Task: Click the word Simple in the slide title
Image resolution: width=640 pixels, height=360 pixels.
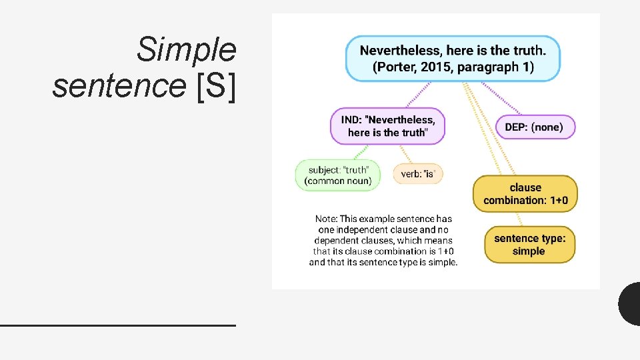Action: [x=186, y=50]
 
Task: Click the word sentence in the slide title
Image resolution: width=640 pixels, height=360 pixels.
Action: [x=121, y=86]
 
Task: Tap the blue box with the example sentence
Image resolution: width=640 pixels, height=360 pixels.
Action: [x=453, y=59]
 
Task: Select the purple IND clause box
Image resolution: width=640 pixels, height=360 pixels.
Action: [x=387, y=126]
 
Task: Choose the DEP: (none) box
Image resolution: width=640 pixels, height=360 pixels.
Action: [x=535, y=127]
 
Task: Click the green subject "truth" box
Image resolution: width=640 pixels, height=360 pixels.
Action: [x=338, y=175]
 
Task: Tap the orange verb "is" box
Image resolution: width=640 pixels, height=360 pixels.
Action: [x=418, y=174]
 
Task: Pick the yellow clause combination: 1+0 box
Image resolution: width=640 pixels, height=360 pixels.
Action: [x=525, y=194]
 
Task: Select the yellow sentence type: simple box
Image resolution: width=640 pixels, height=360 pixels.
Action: [x=529, y=245]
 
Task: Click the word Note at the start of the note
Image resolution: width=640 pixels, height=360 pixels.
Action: [x=326, y=219]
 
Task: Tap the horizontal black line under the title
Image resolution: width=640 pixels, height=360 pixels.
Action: [x=118, y=325]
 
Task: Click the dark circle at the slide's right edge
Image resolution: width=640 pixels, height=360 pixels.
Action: [x=631, y=303]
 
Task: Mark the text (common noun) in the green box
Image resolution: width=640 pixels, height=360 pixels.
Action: [x=338, y=181]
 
